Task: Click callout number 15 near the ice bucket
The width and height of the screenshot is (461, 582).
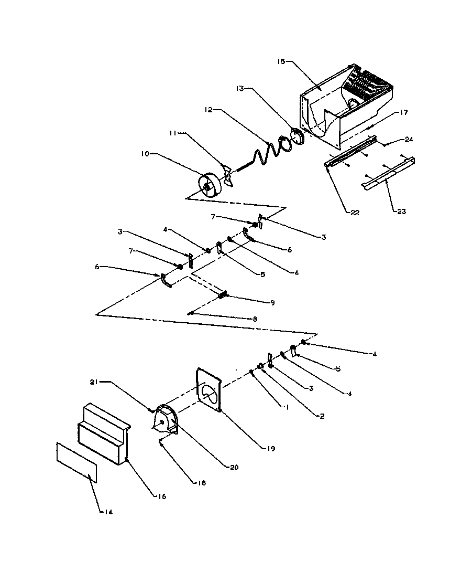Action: [x=281, y=61]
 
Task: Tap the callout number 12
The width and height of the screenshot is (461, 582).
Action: [x=208, y=111]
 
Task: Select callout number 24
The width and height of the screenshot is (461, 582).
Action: [x=409, y=140]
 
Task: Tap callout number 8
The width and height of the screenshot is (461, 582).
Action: [x=255, y=319]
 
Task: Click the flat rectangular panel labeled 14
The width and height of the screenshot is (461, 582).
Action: [x=76, y=461]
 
